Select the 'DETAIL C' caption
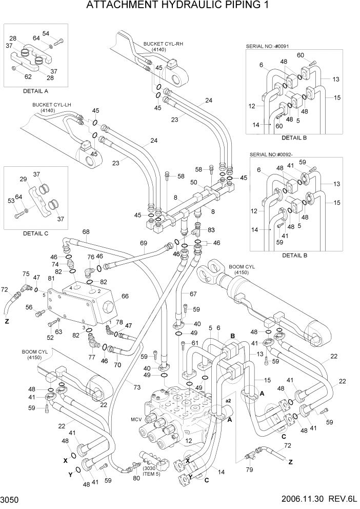[35, 233]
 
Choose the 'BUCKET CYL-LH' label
[51, 107]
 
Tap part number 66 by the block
[125, 296]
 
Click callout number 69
[144, 243]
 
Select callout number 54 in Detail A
[46, 33]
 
